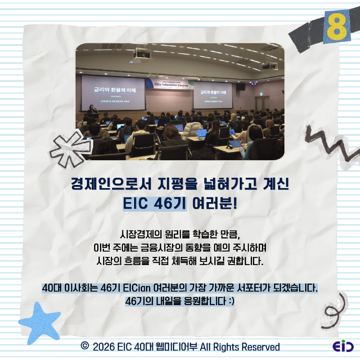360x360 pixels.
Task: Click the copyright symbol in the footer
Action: click(84, 346)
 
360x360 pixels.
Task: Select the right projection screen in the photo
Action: click(213, 95)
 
